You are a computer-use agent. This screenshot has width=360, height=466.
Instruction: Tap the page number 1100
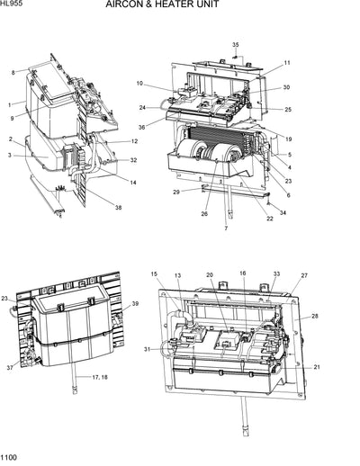click(x=10, y=459)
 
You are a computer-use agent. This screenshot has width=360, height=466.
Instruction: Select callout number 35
click(x=236, y=45)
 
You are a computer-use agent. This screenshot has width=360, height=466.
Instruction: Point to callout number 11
click(x=287, y=63)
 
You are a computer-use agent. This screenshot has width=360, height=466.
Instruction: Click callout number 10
click(x=139, y=84)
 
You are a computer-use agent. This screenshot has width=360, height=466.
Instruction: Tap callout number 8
click(x=13, y=72)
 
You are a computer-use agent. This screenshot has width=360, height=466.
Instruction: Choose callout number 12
click(x=133, y=141)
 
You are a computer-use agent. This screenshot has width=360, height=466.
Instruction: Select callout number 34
click(x=283, y=213)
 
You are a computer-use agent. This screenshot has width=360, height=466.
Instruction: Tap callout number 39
click(x=136, y=304)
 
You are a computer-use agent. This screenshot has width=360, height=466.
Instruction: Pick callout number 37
click(x=9, y=367)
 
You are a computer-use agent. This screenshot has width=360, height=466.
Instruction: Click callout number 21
click(x=317, y=367)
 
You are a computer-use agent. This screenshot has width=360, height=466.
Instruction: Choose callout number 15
click(x=153, y=273)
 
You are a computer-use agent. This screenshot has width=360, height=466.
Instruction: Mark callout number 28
click(x=316, y=316)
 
